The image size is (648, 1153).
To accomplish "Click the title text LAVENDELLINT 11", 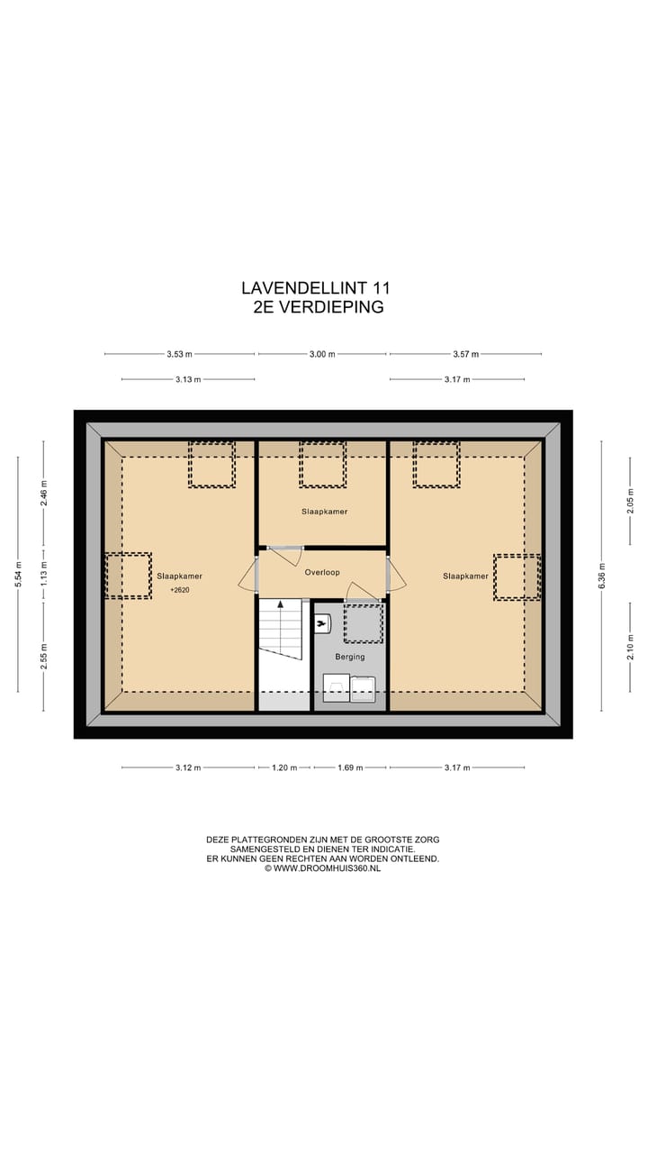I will click(x=315, y=288).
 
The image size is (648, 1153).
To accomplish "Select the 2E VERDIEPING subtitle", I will click(x=319, y=307).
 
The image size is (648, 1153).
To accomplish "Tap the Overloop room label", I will click(x=321, y=572).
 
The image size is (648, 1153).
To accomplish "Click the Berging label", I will click(x=349, y=657).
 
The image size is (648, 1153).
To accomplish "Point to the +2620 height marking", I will click(x=179, y=590).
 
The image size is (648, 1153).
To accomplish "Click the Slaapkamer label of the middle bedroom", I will click(x=324, y=511).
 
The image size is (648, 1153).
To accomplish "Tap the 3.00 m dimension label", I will click(x=322, y=354).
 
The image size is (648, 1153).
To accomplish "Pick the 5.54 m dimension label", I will click(x=18, y=574).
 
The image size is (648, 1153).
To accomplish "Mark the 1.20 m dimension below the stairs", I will click(x=284, y=767).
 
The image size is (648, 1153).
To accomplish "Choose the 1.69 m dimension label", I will click(x=349, y=767).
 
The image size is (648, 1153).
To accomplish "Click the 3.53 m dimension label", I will click(x=179, y=354).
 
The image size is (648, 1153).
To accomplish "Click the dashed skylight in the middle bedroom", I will click(x=322, y=464).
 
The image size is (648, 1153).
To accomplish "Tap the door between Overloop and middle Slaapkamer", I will click(x=283, y=553).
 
